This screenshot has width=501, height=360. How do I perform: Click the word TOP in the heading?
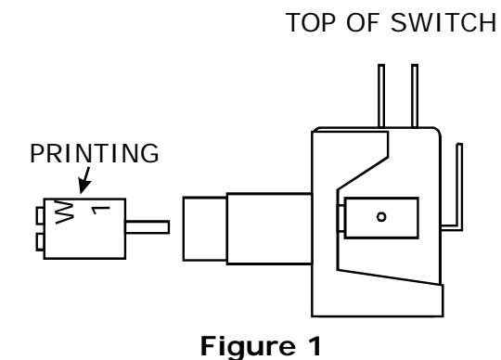click(313, 22)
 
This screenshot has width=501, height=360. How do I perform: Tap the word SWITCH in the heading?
click(443, 22)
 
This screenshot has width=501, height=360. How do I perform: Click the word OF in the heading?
click(364, 22)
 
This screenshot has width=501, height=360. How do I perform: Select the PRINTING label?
click(95, 153)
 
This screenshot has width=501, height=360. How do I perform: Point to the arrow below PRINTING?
click(85, 180)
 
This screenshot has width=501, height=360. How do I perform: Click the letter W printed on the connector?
click(64, 212)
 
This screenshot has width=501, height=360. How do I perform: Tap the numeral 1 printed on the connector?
click(100, 211)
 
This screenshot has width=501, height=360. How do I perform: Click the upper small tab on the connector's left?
click(40, 216)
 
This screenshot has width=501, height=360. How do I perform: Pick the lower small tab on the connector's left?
click(40, 242)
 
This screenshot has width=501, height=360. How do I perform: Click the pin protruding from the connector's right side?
click(148, 227)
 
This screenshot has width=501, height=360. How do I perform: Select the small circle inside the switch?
click(381, 217)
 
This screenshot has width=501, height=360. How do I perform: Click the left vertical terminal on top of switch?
click(381, 96)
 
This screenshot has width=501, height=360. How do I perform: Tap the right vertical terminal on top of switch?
click(415, 96)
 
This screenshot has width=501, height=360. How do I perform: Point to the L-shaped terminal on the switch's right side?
click(460, 192)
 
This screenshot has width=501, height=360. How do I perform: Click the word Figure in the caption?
click(248, 347)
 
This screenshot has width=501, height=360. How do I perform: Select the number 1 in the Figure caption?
click(315, 345)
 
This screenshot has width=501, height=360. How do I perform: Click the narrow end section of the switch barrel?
click(205, 229)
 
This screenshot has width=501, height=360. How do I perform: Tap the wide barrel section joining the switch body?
click(269, 229)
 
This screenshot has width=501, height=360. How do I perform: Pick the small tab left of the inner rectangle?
click(340, 218)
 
